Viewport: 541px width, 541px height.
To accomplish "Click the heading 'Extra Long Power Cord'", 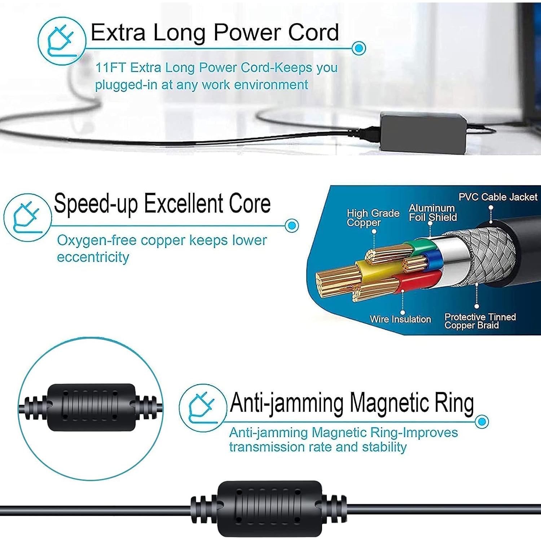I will click(215, 32).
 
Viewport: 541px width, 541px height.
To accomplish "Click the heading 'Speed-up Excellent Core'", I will click(162, 204).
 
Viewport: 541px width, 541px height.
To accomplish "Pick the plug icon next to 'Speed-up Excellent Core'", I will click(27, 217).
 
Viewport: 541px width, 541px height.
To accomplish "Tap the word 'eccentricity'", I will click(93, 257).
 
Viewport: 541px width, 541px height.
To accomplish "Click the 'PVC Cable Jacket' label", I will click(498, 197).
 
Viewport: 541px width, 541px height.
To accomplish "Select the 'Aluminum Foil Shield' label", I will click(433, 212).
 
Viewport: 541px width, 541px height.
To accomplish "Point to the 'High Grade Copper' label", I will click(373, 217).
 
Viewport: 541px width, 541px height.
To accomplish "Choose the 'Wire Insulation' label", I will click(400, 319).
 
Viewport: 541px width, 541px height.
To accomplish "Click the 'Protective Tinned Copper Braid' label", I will click(480, 321).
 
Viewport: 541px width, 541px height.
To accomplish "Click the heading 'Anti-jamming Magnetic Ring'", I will click(352, 403).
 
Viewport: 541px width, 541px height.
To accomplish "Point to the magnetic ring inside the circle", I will click(91, 407).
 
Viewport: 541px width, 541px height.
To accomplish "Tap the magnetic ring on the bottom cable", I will click(269, 509).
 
